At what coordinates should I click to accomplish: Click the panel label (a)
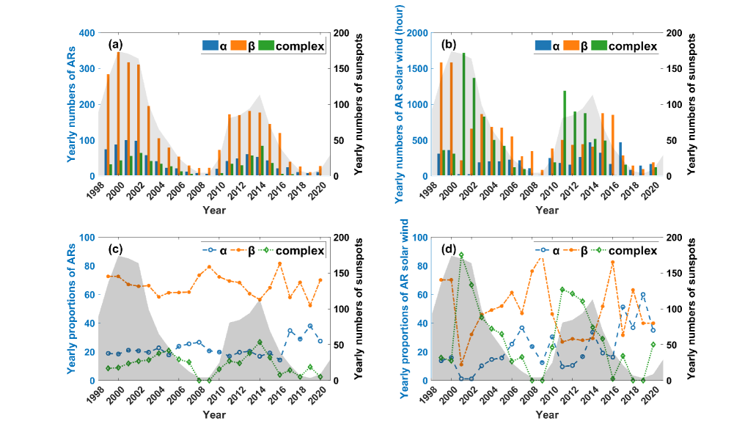(x=115, y=45)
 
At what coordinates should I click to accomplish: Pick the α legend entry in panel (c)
(x=214, y=251)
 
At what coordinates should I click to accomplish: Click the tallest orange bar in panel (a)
(x=118, y=114)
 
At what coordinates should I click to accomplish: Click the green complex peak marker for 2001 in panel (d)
(x=461, y=255)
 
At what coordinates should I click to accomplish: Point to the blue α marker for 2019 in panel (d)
(x=643, y=295)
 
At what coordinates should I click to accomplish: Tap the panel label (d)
(x=448, y=249)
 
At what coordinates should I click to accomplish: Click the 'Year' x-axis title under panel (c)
(x=212, y=415)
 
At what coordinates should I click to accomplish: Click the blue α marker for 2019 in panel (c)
(x=309, y=326)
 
